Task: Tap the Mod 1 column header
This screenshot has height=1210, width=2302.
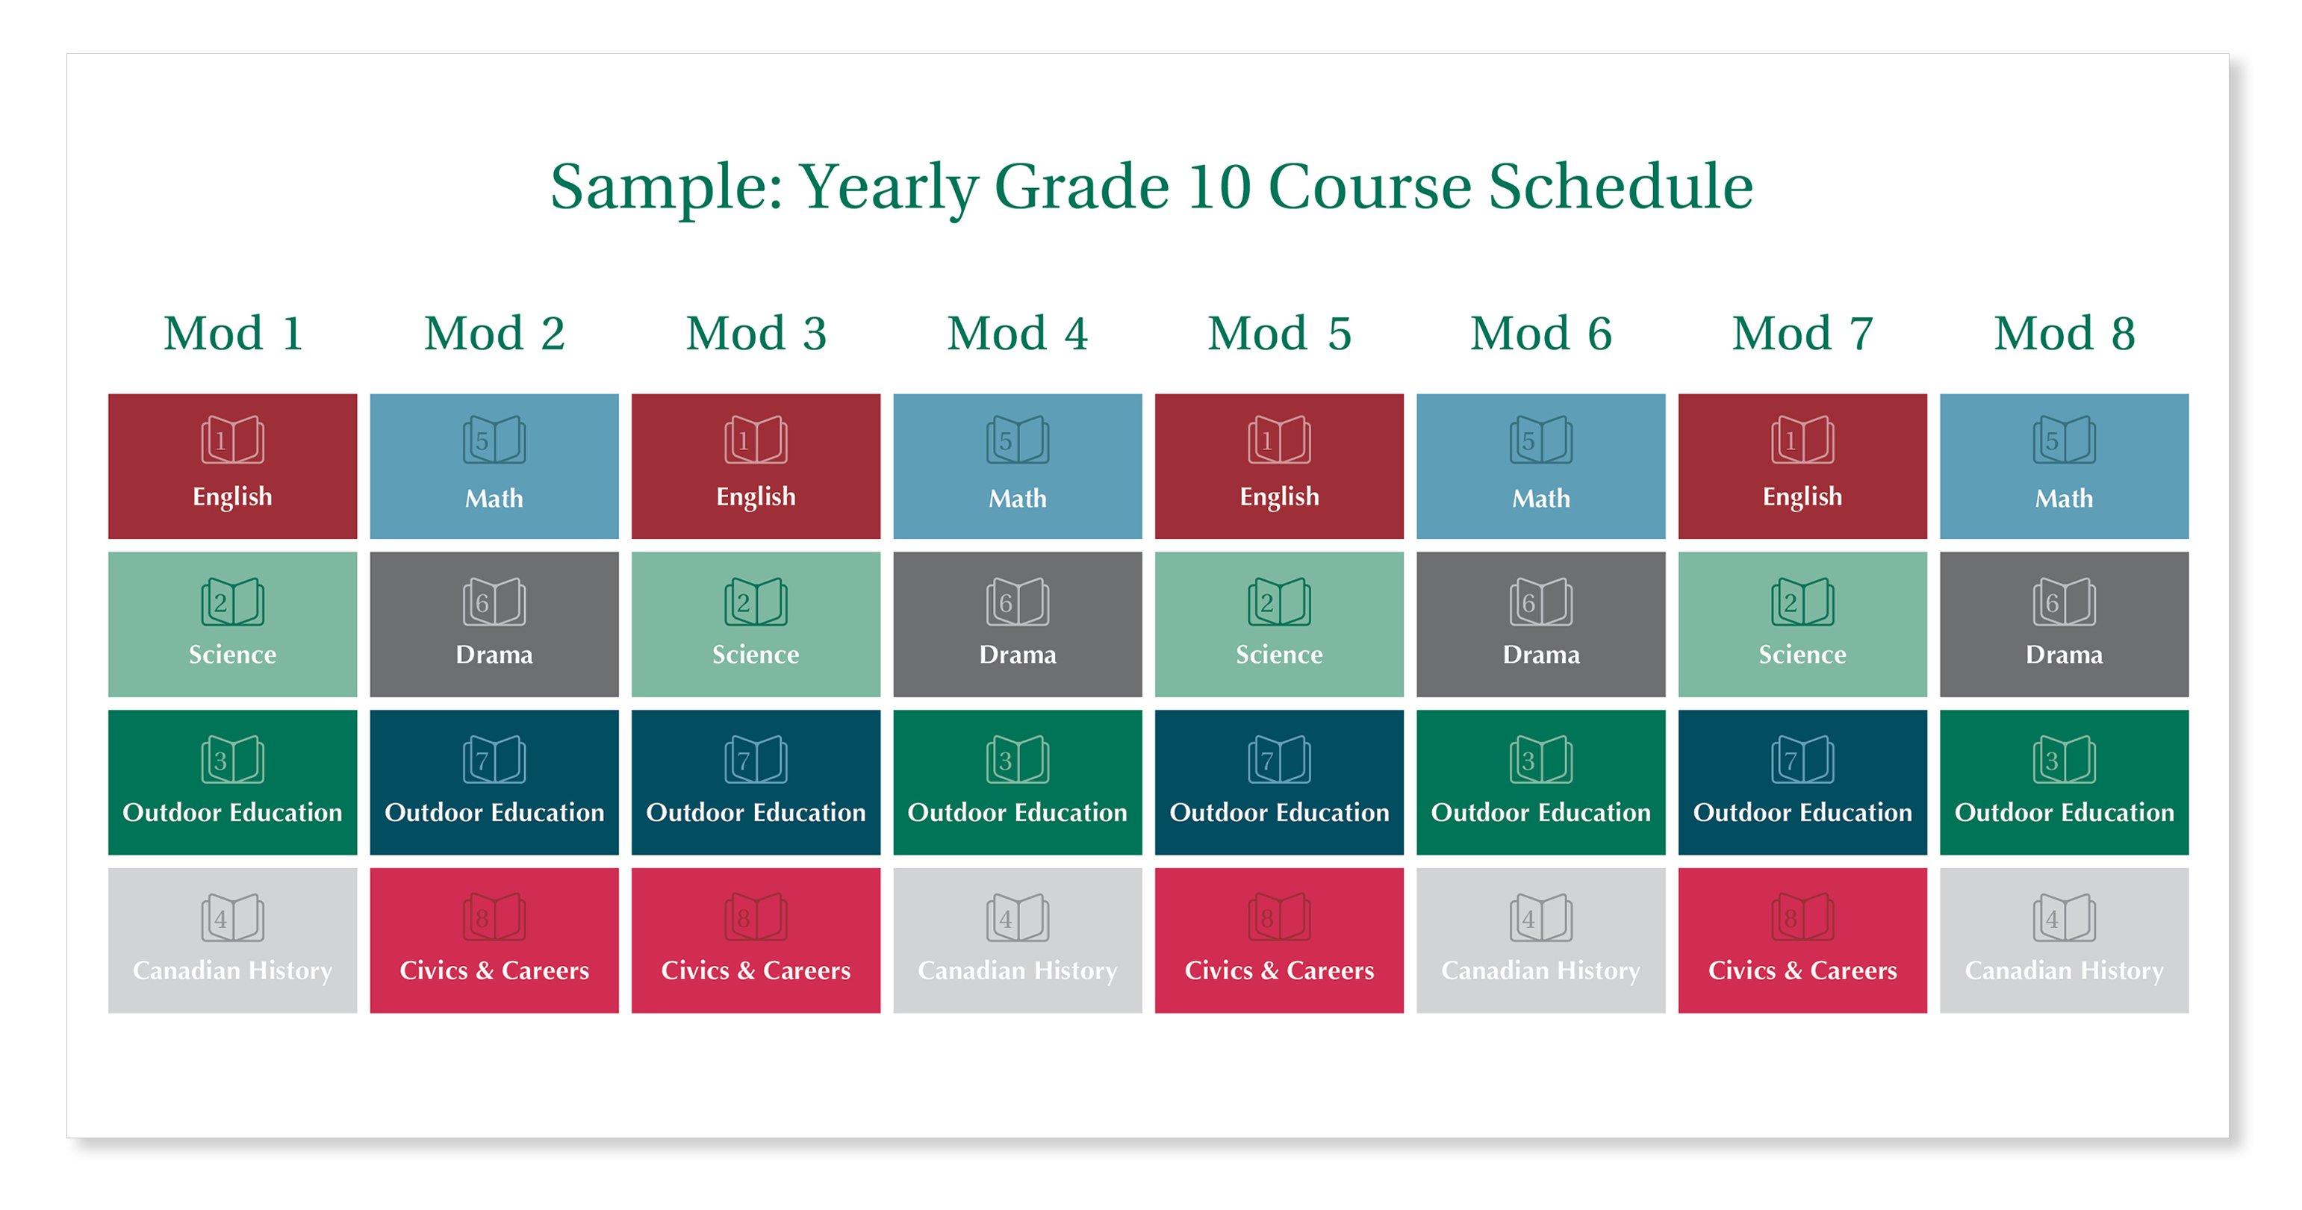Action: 233,334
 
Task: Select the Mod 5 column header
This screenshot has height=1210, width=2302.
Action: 1280,334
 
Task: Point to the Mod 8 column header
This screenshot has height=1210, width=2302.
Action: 2065,334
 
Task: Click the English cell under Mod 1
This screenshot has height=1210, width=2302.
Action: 232,467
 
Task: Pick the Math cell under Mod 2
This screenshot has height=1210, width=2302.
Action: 494,467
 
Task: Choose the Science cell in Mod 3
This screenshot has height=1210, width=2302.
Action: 756,624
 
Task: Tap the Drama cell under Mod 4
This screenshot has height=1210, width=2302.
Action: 1018,624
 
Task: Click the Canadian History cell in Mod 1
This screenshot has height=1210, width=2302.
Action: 232,940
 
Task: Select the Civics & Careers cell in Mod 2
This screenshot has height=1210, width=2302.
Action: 494,940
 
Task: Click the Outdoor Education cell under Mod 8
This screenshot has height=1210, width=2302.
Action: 2065,782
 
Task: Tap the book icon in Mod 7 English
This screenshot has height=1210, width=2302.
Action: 1802,440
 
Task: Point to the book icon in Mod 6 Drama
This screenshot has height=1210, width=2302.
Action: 1540,602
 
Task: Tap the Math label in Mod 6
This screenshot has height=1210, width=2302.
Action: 1540,498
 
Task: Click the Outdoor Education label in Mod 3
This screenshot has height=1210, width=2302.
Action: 756,812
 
